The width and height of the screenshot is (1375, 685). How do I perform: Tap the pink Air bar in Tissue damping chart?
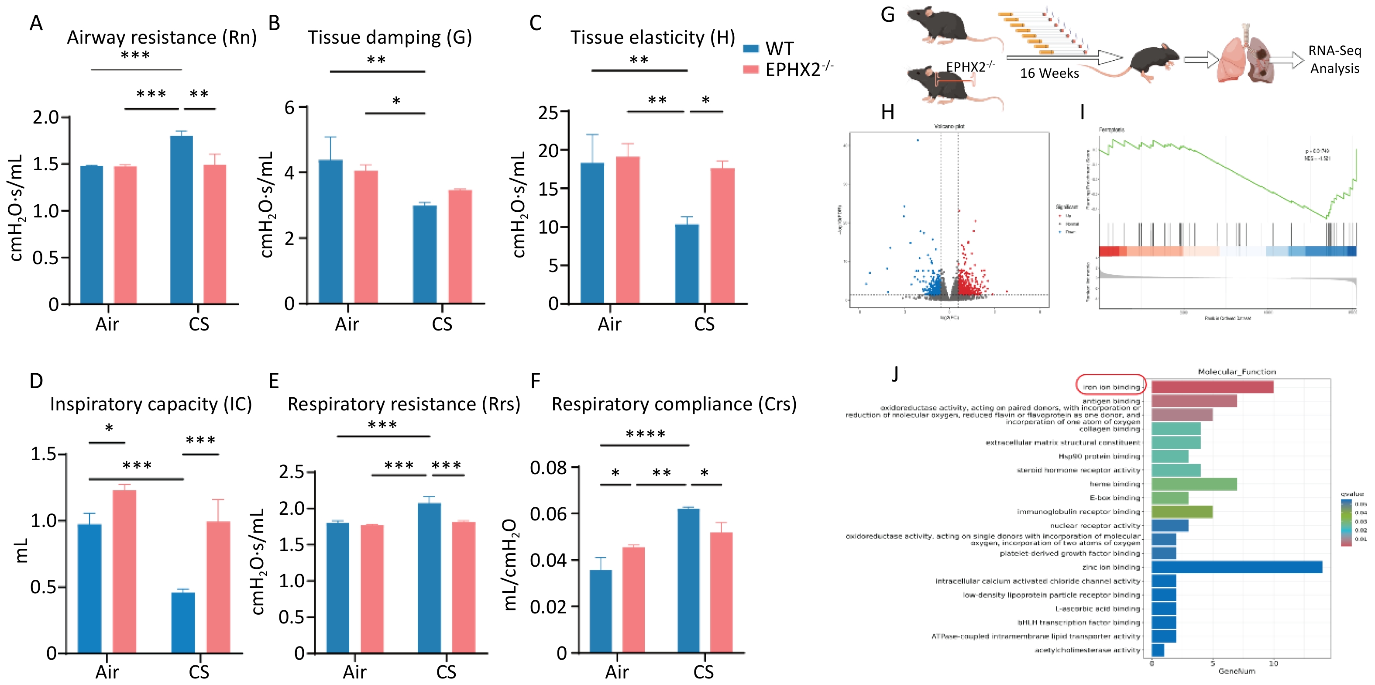coord(366,237)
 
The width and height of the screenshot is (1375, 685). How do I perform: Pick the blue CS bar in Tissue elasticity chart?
coord(687,264)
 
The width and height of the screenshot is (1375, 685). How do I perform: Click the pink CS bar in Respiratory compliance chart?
coord(721,592)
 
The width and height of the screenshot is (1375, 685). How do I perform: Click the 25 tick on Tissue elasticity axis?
coord(548,113)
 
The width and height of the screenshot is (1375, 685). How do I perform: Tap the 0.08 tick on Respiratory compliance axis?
coord(548,468)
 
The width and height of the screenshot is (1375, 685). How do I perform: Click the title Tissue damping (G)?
coord(390,38)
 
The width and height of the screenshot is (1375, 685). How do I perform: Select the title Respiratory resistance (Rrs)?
coord(403,404)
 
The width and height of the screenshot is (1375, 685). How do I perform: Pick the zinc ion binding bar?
coord(1236,567)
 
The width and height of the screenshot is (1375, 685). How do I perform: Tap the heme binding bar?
coord(1193,484)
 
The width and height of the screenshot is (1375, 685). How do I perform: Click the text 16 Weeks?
coord(1049,73)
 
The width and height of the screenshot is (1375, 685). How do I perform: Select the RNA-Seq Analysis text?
coord(1334,59)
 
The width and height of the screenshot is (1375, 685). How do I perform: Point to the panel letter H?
coord(888,112)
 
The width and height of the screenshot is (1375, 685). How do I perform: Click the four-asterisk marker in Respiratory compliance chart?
coord(645,434)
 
